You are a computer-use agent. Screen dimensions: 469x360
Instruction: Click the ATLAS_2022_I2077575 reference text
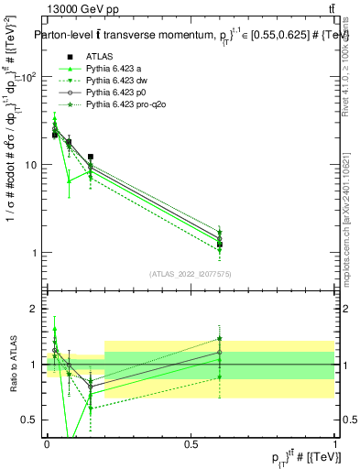click(x=190, y=274)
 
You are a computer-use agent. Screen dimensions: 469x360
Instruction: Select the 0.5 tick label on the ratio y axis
click(x=32, y=420)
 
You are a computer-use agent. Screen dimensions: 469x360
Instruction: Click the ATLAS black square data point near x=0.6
click(x=220, y=245)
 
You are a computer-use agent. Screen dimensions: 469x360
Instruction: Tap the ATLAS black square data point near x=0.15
click(x=90, y=157)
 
